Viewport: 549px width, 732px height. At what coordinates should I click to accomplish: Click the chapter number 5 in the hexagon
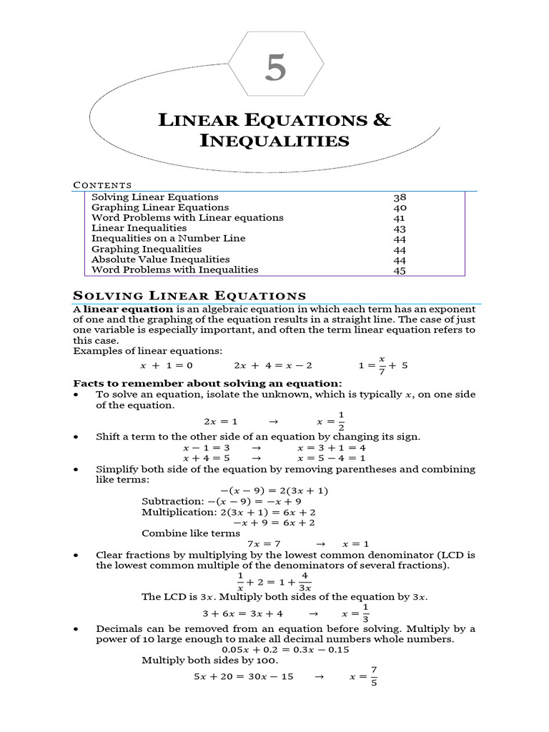click(x=275, y=69)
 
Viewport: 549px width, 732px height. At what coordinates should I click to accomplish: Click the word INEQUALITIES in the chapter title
click(x=274, y=140)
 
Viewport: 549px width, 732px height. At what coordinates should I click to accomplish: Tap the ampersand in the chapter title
click(x=382, y=119)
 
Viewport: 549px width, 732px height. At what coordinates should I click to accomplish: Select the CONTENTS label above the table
click(x=103, y=185)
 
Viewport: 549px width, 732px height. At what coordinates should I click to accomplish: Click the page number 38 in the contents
click(x=400, y=197)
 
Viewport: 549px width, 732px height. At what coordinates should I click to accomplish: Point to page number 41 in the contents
click(x=400, y=218)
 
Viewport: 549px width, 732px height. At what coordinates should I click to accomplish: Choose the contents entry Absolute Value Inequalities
click(x=161, y=259)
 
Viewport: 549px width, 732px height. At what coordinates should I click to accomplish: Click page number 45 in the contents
click(x=400, y=270)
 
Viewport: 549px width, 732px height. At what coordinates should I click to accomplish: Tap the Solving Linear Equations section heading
click(x=190, y=296)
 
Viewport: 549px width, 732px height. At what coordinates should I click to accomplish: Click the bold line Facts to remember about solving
click(x=208, y=384)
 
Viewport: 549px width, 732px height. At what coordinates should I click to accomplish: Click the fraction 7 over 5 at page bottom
click(x=373, y=676)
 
